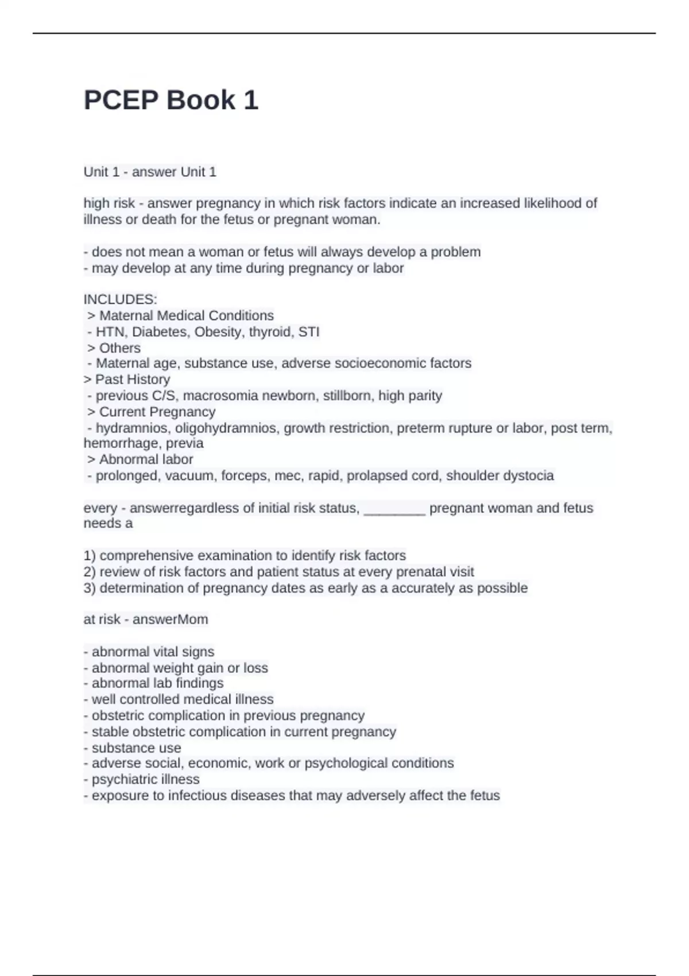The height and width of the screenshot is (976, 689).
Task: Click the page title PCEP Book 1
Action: coord(171,100)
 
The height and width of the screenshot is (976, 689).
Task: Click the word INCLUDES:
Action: coord(120,299)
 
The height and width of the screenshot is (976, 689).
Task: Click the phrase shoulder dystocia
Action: coord(500,475)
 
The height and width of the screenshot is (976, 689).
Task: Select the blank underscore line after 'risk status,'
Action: coord(394,508)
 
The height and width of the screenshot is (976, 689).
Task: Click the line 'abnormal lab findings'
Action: coord(153,683)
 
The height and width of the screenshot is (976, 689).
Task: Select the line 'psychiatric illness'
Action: coord(141,779)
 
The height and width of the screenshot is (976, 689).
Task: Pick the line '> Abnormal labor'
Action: coord(140,459)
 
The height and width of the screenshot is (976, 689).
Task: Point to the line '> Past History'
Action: coord(127,379)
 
